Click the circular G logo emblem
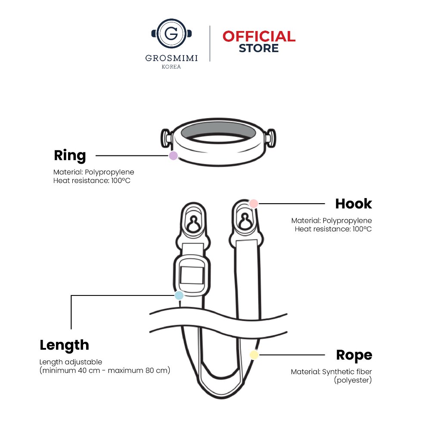pyautogui.click(x=171, y=34)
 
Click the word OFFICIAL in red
pyautogui.click(x=259, y=37)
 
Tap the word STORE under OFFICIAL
pyautogui.click(x=259, y=48)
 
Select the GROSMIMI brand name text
pyautogui.click(x=171, y=58)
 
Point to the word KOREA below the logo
pyautogui.click(x=171, y=67)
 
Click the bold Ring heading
pyautogui.click(x=70, y=155)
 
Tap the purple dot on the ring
pyautogui.click(x=173, y=155)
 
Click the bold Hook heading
pyautogui.click(x=354, y=204)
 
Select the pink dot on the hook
pyautogui.click(x=254, y=204)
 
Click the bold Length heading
pyautogui.click(x=65, y=345)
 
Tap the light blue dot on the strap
pyautogui.click(x=179, y=295)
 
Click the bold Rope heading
pyautogui.click(x=354, y=355)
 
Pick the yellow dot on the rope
pyautogui.click(x=254, y=355)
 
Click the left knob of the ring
pyautogui.click(x=166, y=138)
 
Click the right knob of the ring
pyautogui.click(x=271, y=138)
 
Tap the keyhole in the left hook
pyautogui.click(x=193, y=224)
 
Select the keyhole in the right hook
pyautogui.click(x=245, y=221)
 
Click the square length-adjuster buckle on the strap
pyautogui.click(x=192, y=275)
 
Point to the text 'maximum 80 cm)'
pyautogui.click(x=139, y=370)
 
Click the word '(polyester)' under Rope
pyautogui.click(x=353, y=380)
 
